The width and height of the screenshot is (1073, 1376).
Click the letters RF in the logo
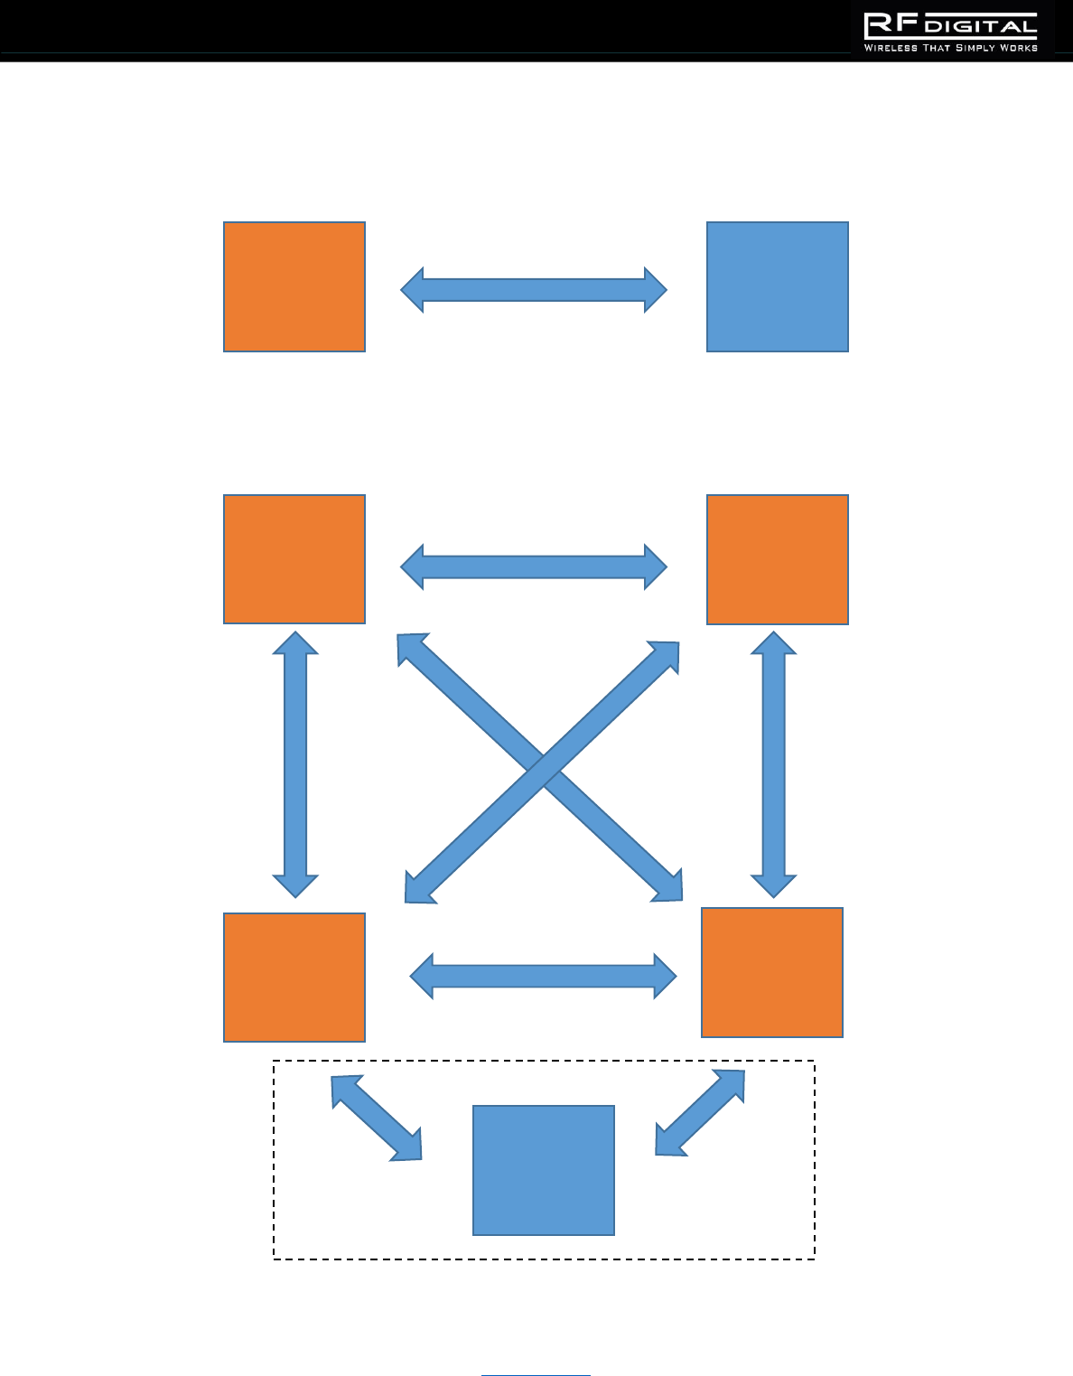point(891,25)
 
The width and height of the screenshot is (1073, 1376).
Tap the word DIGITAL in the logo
point(981,27)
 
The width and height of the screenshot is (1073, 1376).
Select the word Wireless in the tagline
point(891,48)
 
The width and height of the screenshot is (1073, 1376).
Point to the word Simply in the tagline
point(975,48)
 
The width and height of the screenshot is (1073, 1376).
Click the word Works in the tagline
point(1019,48)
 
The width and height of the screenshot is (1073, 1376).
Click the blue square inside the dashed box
point(544,1170)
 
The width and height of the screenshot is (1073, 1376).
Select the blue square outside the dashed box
point(777,286)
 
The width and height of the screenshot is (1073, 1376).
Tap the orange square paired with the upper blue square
point(294,286)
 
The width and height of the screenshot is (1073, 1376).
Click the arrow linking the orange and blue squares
point(534,290)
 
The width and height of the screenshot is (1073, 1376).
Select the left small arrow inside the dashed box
point(376,1118)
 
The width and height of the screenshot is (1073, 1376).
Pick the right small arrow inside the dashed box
point(700,1113)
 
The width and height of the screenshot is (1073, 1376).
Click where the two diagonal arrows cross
point(542,771)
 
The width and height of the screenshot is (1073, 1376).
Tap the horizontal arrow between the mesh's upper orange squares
point(534,567)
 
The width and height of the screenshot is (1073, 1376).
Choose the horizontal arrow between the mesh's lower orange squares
point(543,976)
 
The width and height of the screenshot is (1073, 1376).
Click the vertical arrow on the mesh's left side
point(295,764)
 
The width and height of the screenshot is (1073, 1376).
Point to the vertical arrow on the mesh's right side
point(774,764)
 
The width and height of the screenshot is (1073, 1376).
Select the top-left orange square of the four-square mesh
point(294,559)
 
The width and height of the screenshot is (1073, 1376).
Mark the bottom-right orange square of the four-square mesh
point(772,972)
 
